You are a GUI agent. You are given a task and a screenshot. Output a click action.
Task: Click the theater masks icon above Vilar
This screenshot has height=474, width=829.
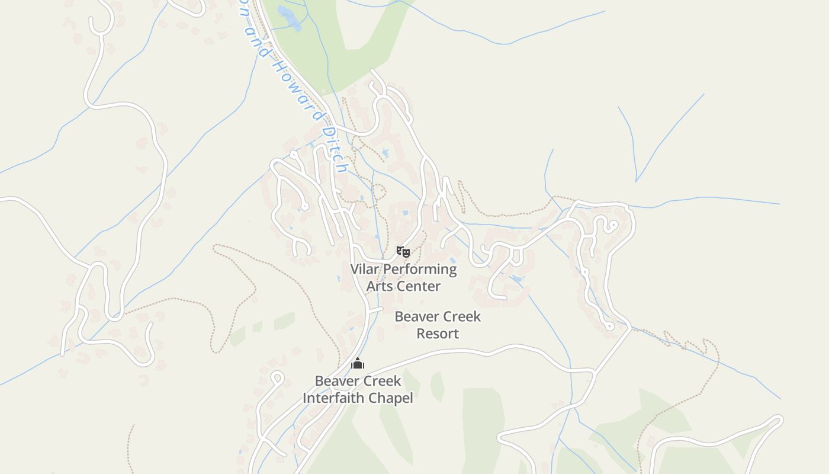coord(403,252)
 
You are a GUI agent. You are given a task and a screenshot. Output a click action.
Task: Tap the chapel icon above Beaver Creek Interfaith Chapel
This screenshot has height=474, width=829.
coord(357,363)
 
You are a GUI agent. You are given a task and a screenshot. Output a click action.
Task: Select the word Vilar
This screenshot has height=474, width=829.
coord(365,270)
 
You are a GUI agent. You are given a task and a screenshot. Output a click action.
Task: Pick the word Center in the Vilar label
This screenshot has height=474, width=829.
coord(419,286)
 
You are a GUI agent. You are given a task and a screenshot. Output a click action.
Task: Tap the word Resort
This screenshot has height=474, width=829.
coord(438,334)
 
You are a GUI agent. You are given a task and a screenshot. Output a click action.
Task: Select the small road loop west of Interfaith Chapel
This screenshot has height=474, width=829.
coord(277,377)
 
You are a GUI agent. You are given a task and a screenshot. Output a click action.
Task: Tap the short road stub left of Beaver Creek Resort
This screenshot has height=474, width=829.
coord(375,309)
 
